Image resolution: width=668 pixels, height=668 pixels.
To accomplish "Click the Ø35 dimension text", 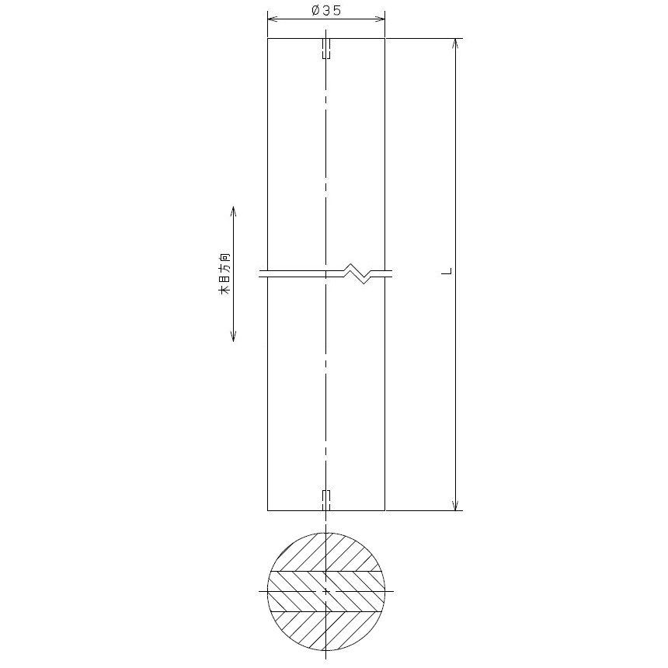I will [326, 10].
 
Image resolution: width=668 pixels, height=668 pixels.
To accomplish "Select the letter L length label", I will [447, 272].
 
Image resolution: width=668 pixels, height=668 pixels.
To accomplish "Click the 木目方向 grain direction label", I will [224, 273].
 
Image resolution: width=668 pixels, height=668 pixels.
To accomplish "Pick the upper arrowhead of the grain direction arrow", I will [234, 210].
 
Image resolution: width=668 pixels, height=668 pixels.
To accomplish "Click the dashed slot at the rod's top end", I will [327, 49].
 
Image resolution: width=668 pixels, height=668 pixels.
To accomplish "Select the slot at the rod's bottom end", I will [327, 499].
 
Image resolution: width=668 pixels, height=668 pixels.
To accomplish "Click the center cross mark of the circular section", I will [326, 592].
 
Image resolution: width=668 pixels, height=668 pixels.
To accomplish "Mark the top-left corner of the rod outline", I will [268, 38].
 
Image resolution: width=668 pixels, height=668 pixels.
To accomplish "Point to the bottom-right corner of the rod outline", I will [384, 510].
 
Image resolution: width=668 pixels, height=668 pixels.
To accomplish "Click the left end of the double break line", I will [260, 273].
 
